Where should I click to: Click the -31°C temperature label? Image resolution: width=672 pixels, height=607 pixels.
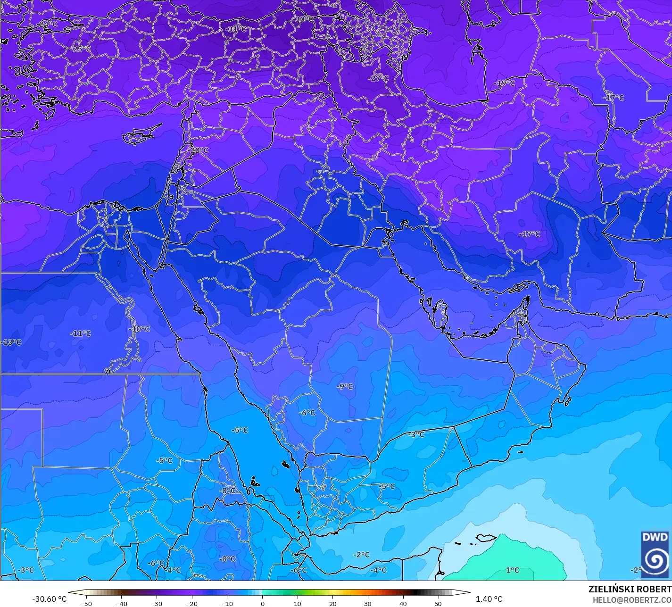coord(237,29)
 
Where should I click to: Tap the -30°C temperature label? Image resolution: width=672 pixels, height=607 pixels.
coord(304,19)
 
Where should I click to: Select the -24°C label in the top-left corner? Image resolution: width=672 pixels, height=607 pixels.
coord(48,24)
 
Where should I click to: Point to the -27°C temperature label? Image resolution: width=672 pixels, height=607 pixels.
coord(379,78)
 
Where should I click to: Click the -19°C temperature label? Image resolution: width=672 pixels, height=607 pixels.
coord(505,83)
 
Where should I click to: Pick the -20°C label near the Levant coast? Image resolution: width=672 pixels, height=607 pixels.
coord(199,150)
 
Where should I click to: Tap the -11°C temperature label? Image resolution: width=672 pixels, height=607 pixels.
coord(81,333)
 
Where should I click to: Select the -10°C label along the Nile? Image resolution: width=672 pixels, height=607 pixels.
coord(140,329)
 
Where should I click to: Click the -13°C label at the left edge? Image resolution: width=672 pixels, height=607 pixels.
coord(12,342)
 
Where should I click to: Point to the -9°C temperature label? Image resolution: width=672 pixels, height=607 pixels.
coord(345,386)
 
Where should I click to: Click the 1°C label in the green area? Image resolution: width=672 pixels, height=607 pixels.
coord(513,570)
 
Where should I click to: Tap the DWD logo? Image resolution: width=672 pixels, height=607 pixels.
coord(655,554)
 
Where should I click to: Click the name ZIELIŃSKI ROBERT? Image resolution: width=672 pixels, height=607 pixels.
coord(630,589)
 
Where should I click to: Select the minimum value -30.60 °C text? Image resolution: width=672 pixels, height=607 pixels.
coord(49,599)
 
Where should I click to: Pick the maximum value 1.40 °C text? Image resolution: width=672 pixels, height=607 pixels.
coord(489,599)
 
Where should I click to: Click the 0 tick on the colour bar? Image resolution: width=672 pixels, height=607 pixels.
coord(262,603)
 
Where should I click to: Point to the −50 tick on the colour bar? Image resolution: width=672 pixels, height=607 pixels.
coord(86,603)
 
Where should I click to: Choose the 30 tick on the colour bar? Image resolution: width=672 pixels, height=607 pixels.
coord(367,603)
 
